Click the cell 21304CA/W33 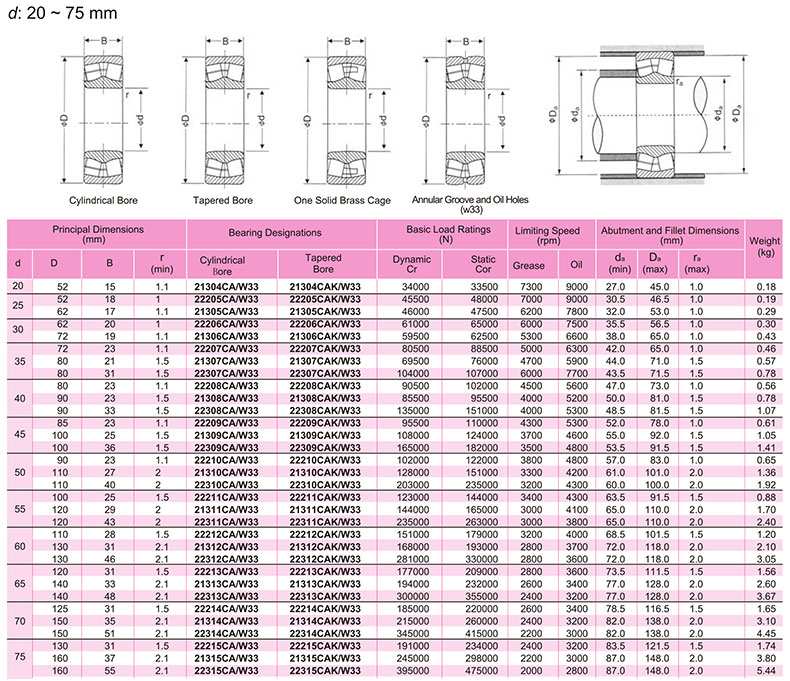(226, 287)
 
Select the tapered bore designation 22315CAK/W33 (325, 671)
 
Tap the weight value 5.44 (766, 671)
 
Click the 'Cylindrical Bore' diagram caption (103, 200)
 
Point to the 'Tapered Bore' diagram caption (223, 200)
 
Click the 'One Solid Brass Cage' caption (342, 200)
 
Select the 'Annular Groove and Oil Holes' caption (470, 200)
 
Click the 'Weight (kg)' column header (764, 246)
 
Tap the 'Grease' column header (529, 265)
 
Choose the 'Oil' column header (576, 265)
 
